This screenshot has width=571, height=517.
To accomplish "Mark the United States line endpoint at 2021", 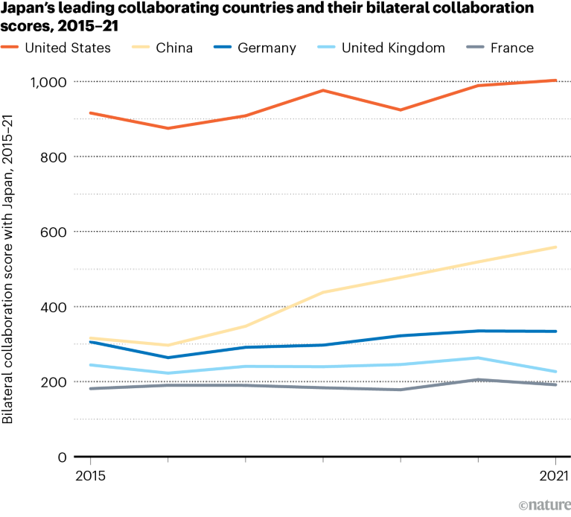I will pos(555,80).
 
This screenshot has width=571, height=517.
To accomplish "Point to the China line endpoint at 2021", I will pos(555,247).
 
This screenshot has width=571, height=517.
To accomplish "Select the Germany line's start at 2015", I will pos(90,341).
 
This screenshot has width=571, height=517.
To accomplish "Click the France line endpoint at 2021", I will pos(555,384).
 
